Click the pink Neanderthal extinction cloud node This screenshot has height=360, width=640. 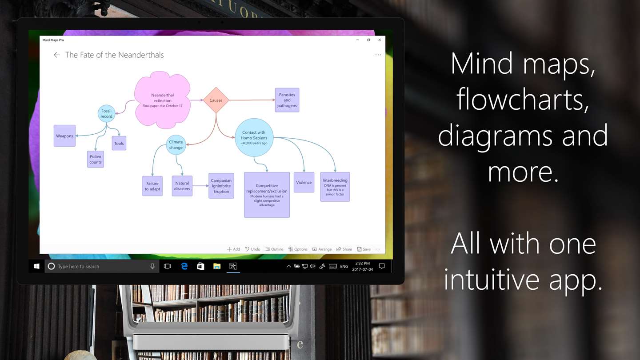[x=162, y=100]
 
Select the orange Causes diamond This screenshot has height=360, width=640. [x=216, y=100]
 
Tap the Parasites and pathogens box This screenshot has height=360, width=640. [x=287, y=100]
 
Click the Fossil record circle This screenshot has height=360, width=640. [x=106, y=113]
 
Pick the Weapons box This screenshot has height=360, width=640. [x=64, y=136]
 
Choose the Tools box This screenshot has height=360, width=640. [x=119, y=143]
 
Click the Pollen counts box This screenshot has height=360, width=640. [x=96, y=159]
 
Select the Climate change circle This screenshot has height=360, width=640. [x=176, y=144]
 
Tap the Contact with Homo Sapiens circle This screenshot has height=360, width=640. [x=254, y=137]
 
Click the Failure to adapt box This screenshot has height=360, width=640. [x=152, y=186]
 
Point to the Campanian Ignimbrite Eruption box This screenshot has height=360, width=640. [x=221, y=186]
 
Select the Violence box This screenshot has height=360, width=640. [x=304, y=182]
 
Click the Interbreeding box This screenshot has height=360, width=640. [x=335, y=187]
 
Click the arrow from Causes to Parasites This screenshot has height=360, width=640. [x=252, y=100]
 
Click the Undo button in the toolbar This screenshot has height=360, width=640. [x=252, y=249]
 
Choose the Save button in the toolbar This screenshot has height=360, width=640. [x=364, y=249]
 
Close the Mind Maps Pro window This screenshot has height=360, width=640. [x=380, y=40]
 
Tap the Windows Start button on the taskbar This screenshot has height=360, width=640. [x=36, y=266]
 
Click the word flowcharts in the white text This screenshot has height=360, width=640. [x=523, y=99]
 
